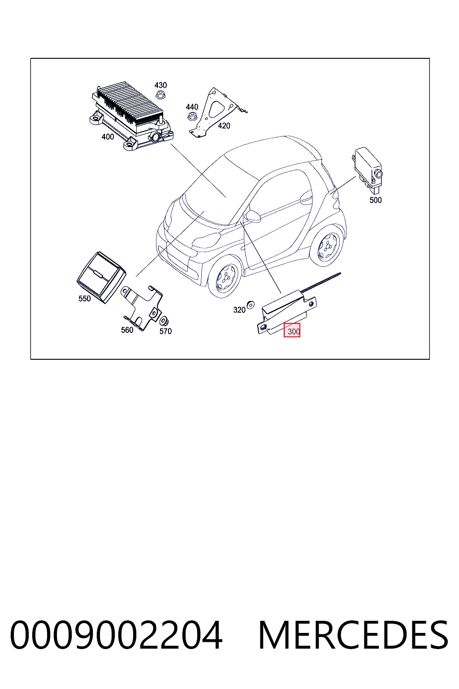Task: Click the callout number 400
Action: point(108,136)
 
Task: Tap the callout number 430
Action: point(160,85)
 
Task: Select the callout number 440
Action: point(192,107)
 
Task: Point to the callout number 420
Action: point(224,126)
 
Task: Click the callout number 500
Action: point(375,200)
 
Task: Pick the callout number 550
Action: point(85,298)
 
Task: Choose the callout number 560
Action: point(127,330)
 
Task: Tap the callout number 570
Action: point(165,331)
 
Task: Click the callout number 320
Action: point(239,310)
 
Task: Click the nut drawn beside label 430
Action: point(160,95)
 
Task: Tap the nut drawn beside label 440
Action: point(192,117)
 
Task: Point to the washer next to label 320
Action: point(251,305)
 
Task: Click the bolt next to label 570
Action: point(164,321)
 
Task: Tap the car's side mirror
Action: point(252,216)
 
